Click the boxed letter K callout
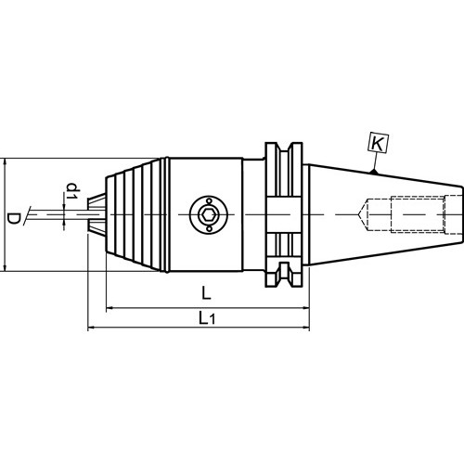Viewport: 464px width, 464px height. pyautogui.click(x=378, y=144)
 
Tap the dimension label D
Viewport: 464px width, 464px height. pyautogui.click(x=13, y=218)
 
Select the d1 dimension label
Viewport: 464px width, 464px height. pyautogui.click(x=72, y=191)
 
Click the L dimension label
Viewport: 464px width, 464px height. pyautogui.click(x=206, y=292)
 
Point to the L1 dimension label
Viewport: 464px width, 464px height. pyautogui.click(x=207, y=317)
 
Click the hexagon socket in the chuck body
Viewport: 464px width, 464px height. pyautogui.click(x=209, y=214)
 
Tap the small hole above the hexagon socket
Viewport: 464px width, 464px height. pyautogui.click(x=209, y=201)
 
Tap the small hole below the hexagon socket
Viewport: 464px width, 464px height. pyautogui.click(x=209, y=228)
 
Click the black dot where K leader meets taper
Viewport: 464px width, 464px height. pyautogui.click(x=375, y=171)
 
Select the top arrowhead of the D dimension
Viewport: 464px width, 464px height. pyautogui.click(x=5, y=161)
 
